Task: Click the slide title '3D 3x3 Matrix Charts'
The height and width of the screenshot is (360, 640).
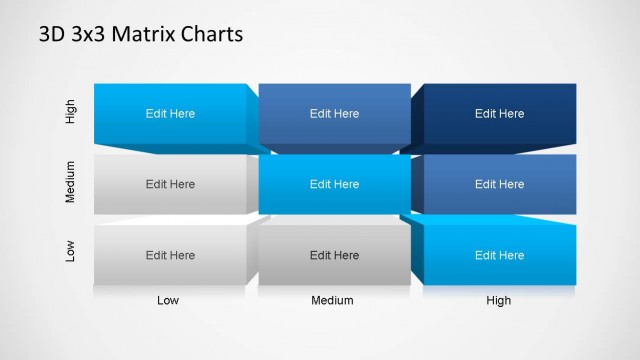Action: pyautogui.click(x=140, y=35)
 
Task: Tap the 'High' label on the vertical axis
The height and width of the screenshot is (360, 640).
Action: pyautogui.click(x=70, y=113)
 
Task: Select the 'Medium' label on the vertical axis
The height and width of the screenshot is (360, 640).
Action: pyautogui.click(x=70, y=184)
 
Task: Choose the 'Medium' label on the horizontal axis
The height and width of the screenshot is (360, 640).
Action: pyautogui.click(x=334, y=300)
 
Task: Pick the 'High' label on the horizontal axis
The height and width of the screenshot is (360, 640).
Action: pyautogui.click(x=498, y=300)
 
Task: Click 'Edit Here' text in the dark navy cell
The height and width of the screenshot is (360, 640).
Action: pyautogui.click(x=499, y=114)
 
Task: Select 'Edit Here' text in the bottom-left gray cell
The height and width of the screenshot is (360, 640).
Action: pyautogui.click(x=170, y=256)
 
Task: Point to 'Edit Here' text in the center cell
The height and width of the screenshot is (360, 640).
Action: pyautogui.click(x=334, y=185)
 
